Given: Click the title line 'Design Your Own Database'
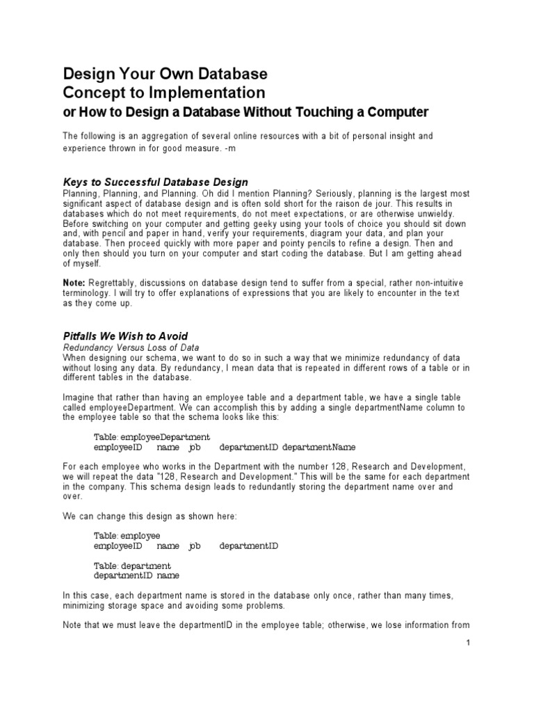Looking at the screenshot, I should tap(165, 74).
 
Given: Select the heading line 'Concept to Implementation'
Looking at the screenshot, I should tap(164, 93).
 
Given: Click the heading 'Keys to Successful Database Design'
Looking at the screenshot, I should tap(155, 182).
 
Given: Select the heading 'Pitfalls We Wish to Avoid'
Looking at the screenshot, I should tap(125, 336).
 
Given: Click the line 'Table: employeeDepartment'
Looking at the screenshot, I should tap(152, 437).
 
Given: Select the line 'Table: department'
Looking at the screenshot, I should tap(132, 566).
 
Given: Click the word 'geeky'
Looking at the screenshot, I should tap(252, 224).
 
